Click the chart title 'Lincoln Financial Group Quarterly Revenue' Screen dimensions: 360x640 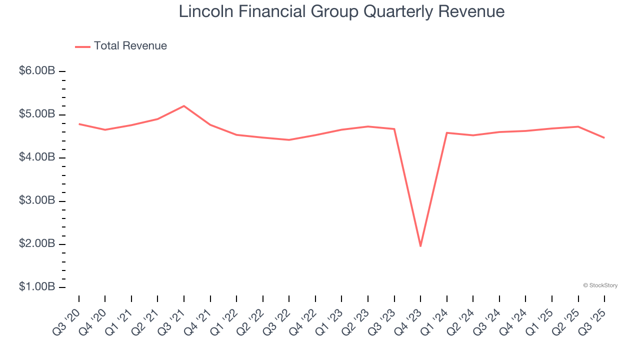[341, 11]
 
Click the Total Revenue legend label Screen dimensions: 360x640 [130, 46]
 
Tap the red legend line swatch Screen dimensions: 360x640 [82, 46]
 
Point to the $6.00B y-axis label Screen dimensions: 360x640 [37, 71]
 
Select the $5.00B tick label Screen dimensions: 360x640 [37, 114]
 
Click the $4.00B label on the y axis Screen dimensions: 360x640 [37, 157]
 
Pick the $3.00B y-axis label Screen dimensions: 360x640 [37, 201]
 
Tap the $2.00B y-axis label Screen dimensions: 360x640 [37, 244]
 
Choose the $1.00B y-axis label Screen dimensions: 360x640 [37, 287]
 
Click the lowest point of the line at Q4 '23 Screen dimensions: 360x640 [420, 246]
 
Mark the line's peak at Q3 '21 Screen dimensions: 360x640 [184, 106]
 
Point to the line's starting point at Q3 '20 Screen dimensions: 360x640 [79, 123]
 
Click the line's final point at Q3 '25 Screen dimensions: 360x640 [604, 138]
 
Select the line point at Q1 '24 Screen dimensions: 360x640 [446, 132]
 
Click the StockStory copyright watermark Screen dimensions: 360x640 [600, 285]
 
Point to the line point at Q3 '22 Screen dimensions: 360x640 [289, 139]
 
